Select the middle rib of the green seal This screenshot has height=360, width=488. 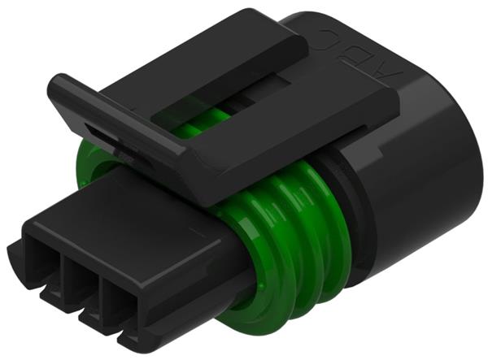[281, 244]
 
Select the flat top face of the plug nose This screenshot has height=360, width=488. [122, 211]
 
